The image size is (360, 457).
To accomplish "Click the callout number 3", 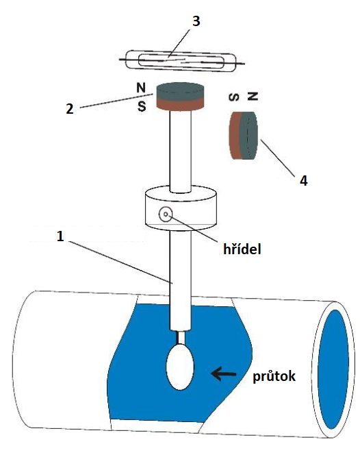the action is [x=196, y=21].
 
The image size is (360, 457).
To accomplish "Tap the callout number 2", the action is [x=70, y=109].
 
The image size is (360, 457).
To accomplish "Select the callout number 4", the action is [x=304, y=181].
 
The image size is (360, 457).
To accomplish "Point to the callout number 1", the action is [x=60, y=236].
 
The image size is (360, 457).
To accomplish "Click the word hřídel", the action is [x=242, y=249].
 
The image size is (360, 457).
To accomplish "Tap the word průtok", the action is [x=274, y=376].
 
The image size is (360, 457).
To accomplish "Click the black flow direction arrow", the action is [x=224, y=373].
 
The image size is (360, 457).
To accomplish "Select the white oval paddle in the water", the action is [x=180, y=367].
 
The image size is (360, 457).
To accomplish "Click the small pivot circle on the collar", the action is [x=166, y=214].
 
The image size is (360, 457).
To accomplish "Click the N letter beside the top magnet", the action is [x=141, y=88].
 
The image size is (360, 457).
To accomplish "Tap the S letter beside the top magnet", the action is [x=142, y=106].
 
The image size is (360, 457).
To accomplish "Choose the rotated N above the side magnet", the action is [x=253, y=96].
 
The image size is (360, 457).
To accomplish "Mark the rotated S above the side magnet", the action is [x=235, y=97].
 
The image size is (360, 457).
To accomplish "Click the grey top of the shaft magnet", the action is [x=180, y=91].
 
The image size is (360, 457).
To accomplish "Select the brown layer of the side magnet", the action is [x=235, y=136].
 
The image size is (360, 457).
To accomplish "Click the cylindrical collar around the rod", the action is [x=181, y=208].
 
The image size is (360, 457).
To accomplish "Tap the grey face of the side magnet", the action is [x=249, y=136].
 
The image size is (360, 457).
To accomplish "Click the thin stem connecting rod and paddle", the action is [x=180, y=338].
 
